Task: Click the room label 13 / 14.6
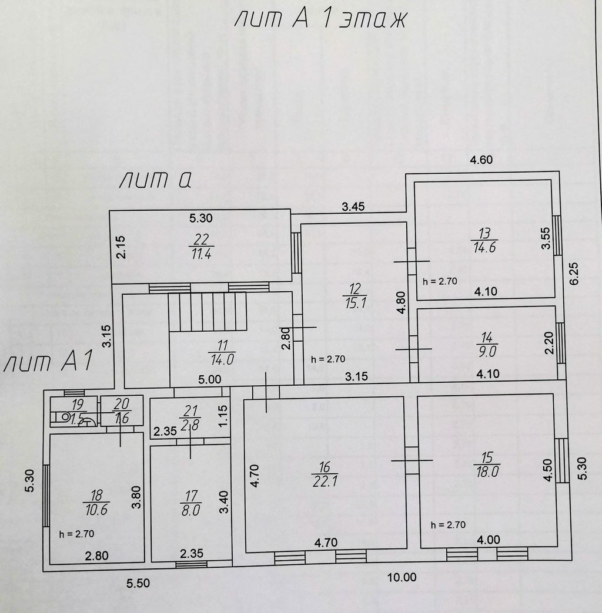(484, 240)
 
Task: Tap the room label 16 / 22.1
(325, 474)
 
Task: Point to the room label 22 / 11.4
(201, 247)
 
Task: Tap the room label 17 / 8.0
(190, 503)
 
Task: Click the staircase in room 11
(207, 312)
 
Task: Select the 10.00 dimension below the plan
(402, 578)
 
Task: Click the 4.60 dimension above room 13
(480, 159)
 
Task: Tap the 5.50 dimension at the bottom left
(138, 583)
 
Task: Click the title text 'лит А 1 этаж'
(320, 20)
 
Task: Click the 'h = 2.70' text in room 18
(77, 534)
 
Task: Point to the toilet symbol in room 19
(61, 418)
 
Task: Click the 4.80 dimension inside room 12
(401, 301)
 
